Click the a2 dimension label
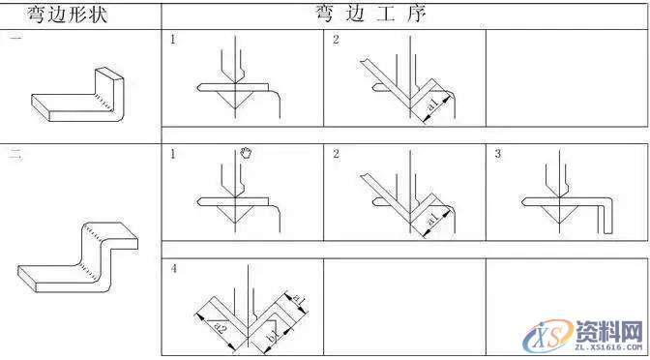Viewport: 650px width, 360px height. [222, 329]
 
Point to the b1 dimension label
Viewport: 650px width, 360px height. [273, 338]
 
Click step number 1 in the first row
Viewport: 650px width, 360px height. [173, 40]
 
